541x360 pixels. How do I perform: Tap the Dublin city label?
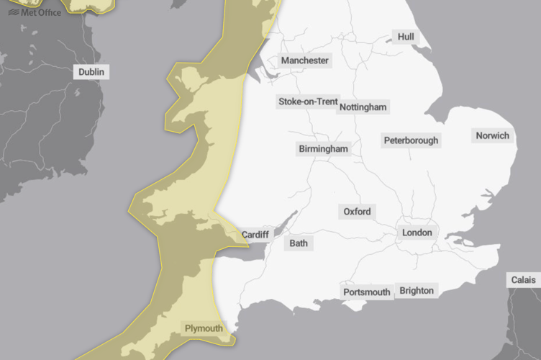(x=91, y=72)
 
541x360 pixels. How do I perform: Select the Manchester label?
(x=305, y=60)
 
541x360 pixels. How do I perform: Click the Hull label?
(x=406, y=37)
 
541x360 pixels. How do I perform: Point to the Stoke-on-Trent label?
(x=308, y=102)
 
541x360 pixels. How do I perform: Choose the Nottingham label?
(x=363, y=107)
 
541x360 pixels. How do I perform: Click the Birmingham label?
(x=323, y=149)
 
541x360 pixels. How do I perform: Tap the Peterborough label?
(x=411, y=140)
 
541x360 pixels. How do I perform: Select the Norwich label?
(x=492, y=135)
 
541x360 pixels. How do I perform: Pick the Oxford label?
(x=357, y=212)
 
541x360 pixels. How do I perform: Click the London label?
(x=417, y=233)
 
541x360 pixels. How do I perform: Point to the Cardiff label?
(x=255, y=235)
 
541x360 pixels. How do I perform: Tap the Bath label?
(x=299, y=243)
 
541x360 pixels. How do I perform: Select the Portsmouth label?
(x=367, y=292)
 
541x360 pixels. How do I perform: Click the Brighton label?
(x=417, y=290)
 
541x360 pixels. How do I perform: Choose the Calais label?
(x=523, y=279)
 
